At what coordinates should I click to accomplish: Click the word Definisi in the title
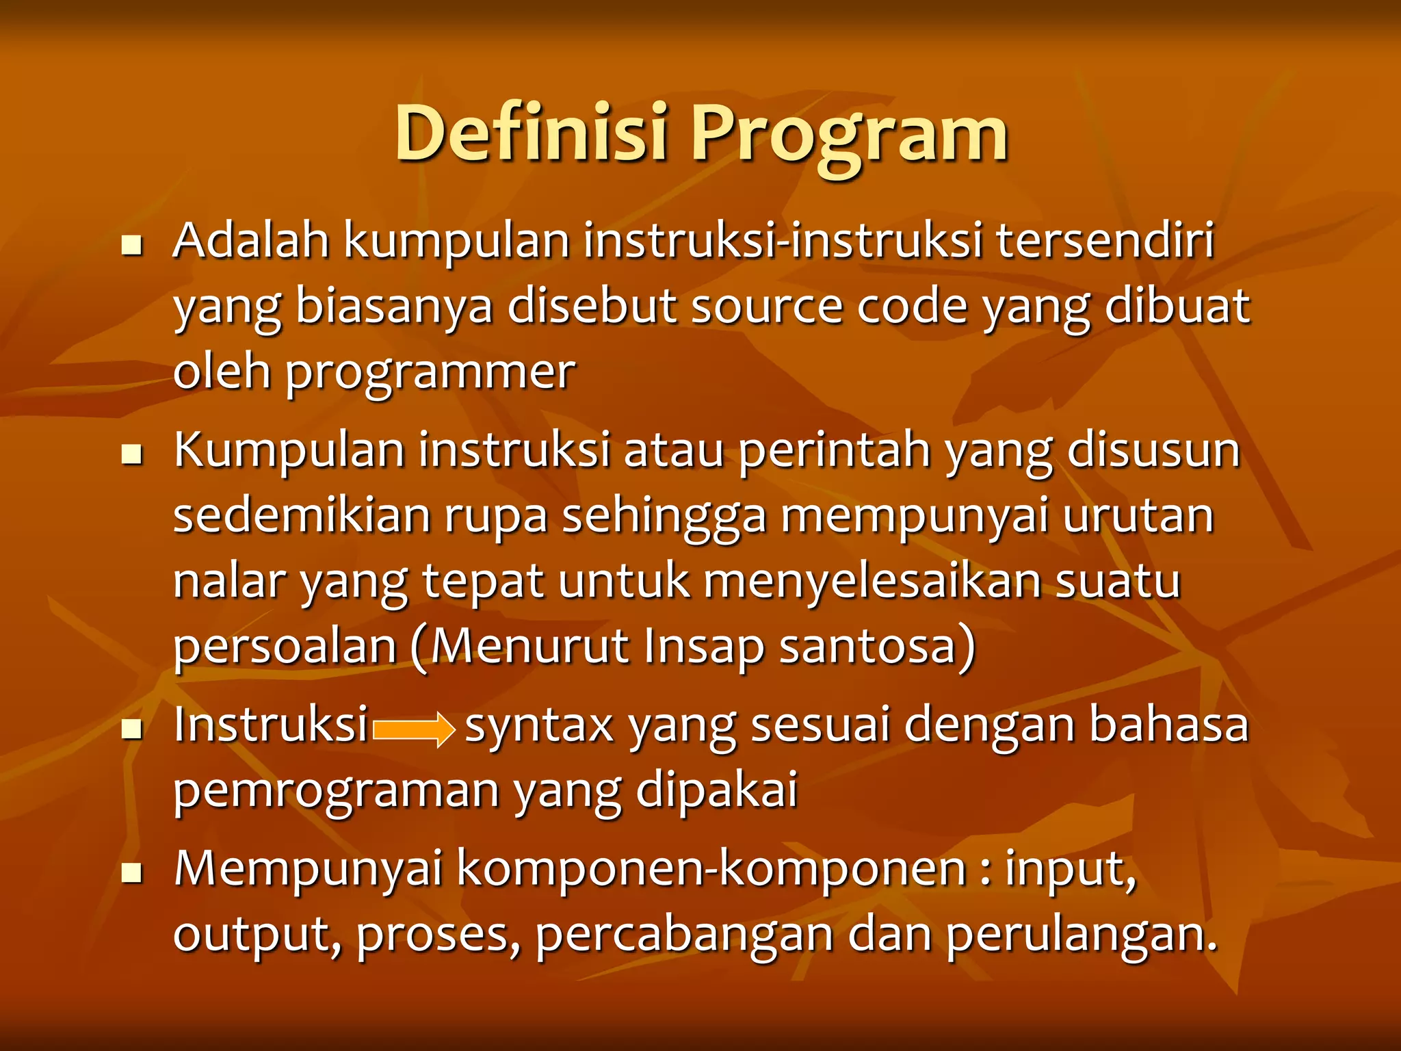click(530, 133)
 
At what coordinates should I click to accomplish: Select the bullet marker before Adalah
click(131, 245)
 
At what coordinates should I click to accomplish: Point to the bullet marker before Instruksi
click(131, 729)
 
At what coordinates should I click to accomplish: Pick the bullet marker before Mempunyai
click(131, 873)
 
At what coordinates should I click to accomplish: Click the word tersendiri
click(1105, 241)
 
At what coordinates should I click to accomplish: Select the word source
click(767, 307)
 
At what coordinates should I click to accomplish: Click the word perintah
click(835, 452)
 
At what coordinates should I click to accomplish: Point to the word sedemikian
click(302, 516)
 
